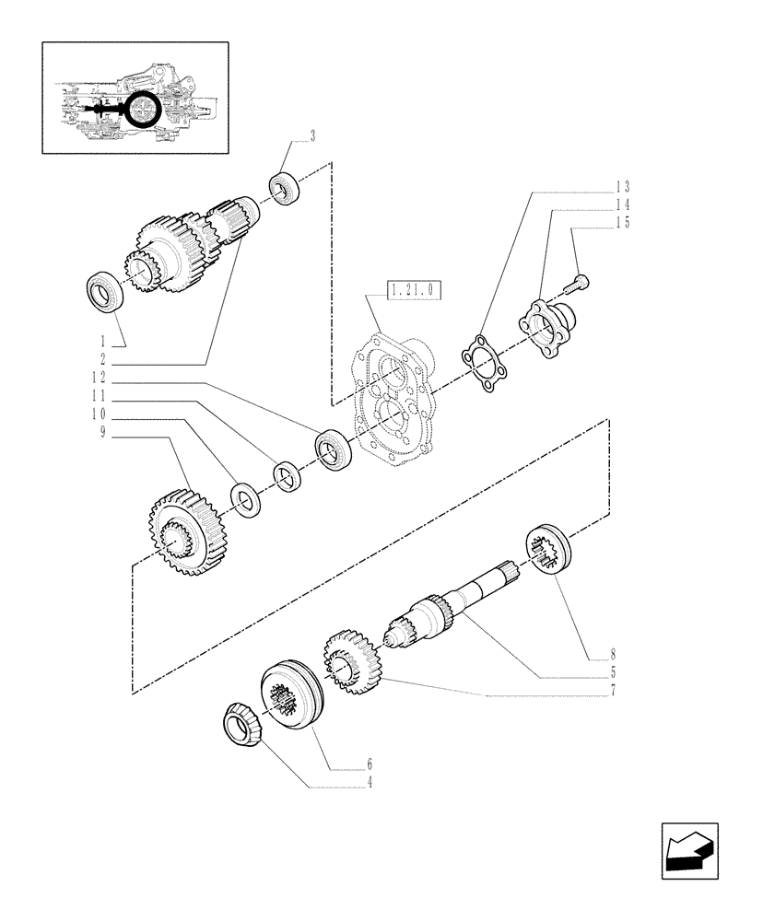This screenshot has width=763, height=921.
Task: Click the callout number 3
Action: click(312, 136)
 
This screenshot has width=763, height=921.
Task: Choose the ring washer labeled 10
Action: click(245, 498)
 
